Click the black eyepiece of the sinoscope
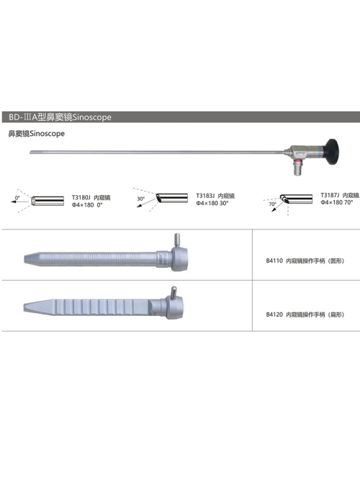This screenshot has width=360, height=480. click(332, 152)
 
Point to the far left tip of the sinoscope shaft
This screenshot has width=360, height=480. click(30, 152)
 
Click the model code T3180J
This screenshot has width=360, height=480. click(81, 197)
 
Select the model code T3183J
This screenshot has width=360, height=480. click(206, 196)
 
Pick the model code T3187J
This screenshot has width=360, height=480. click(330, 195)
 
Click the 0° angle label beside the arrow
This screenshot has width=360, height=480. click(17, 198)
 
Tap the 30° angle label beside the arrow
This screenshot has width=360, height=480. click(141, 199)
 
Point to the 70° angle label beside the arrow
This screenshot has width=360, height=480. click(272, 204)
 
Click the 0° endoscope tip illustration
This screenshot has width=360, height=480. click(48, 201)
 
